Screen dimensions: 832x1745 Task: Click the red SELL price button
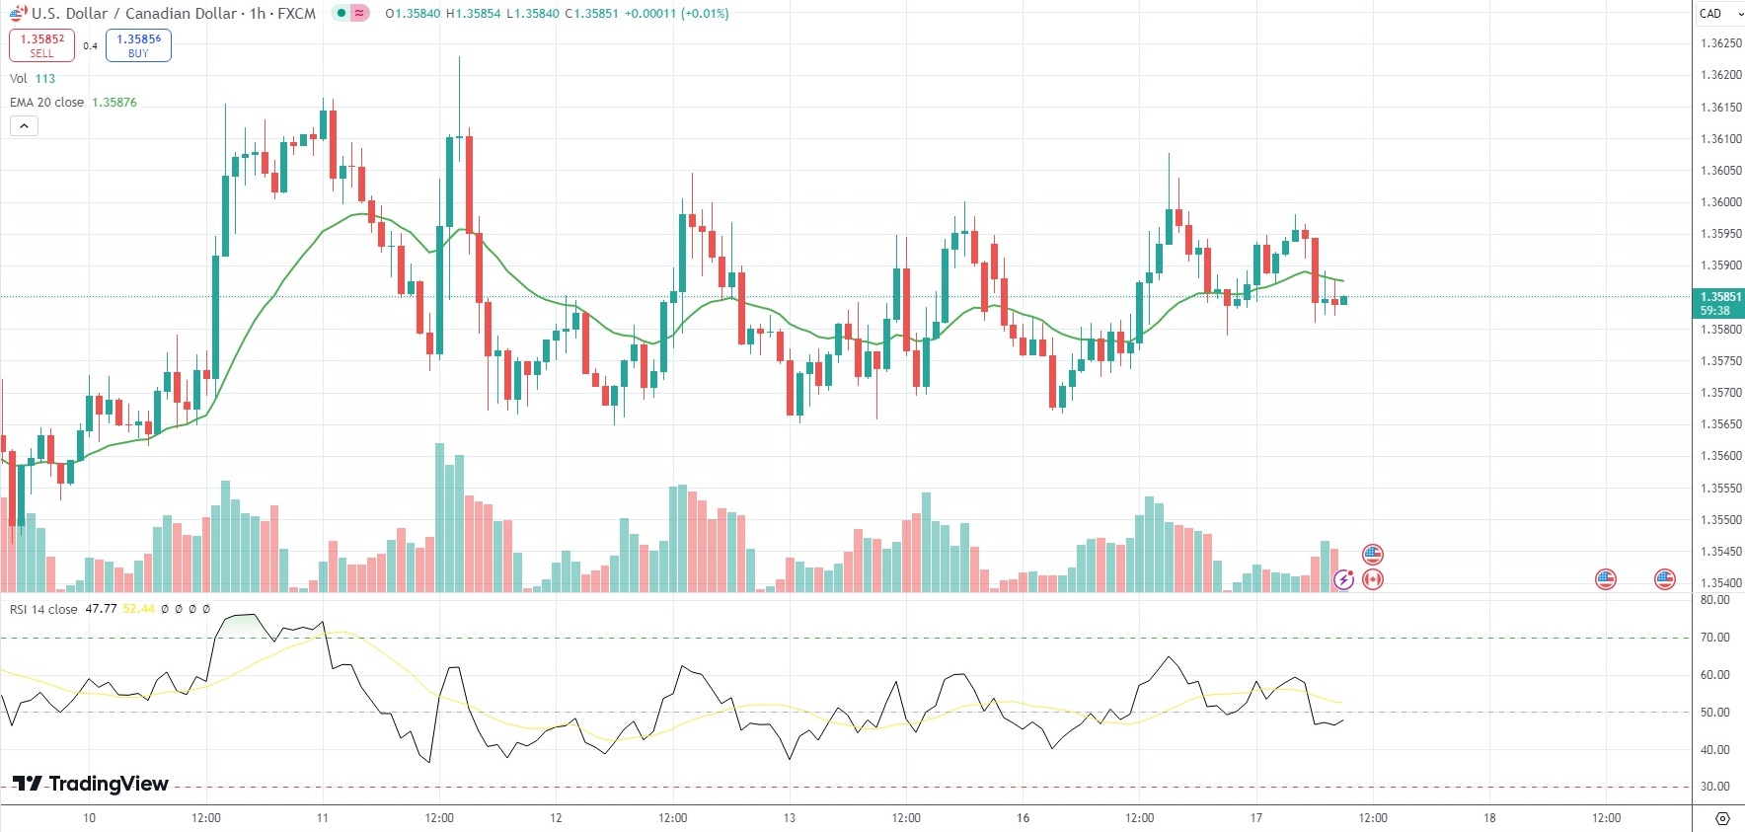pos(41,45)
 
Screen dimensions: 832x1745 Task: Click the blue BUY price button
pos(138,45)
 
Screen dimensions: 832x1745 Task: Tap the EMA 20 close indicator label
pos(46,103)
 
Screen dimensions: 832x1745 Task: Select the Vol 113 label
pos(32,79)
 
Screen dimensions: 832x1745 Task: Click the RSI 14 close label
pos(43,609)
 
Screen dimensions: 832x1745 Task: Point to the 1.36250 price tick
pos(1720,43)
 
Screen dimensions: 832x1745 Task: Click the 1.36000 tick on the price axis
pos(1720,202)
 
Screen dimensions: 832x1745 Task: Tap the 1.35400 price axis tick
pos(1720,583)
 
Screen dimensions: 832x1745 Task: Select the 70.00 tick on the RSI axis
pos(1715,638)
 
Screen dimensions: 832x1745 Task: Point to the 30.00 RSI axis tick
pos(1715,787)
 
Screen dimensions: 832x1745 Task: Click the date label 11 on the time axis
pos(322,818)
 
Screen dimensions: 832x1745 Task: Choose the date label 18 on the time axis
pos(1489,818)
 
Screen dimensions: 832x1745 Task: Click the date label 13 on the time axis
pos(789,818)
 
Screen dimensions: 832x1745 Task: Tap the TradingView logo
pos(91,784)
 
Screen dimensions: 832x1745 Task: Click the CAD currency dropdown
pos(1718,14)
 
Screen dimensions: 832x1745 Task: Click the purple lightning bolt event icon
pos(1342,579)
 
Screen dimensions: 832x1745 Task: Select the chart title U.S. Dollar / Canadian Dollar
pos(134,14)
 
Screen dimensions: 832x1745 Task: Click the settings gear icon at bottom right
pos(1722,818)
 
